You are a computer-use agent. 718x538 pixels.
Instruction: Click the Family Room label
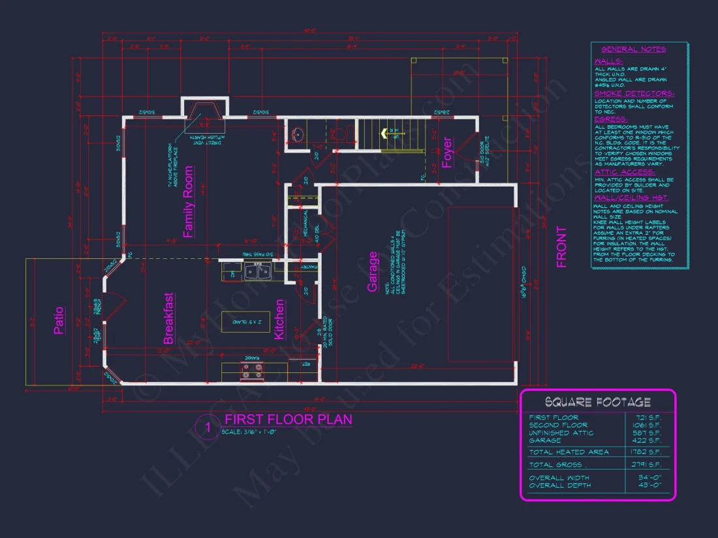click(188, 202)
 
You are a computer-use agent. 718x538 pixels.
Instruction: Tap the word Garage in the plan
click(373, 271)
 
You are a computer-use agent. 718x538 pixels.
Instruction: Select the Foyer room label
click(447, 152)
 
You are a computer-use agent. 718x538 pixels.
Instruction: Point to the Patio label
click(59, 320)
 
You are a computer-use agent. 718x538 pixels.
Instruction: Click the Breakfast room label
click(168, 318)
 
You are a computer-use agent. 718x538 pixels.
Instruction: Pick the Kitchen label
click(279, 319)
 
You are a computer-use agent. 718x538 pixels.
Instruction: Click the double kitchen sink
click(257, 271)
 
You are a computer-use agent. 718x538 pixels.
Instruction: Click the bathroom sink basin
click(298, 134)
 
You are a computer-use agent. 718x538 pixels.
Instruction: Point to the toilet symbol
click(340, 136)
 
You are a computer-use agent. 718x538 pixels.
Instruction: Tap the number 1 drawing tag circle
click(208, 428)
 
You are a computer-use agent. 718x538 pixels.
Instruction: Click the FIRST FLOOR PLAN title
click(288, 419)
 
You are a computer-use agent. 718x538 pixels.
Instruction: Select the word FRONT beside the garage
click(561, 247)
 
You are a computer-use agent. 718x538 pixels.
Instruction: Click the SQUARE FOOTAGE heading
click(597, 402)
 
